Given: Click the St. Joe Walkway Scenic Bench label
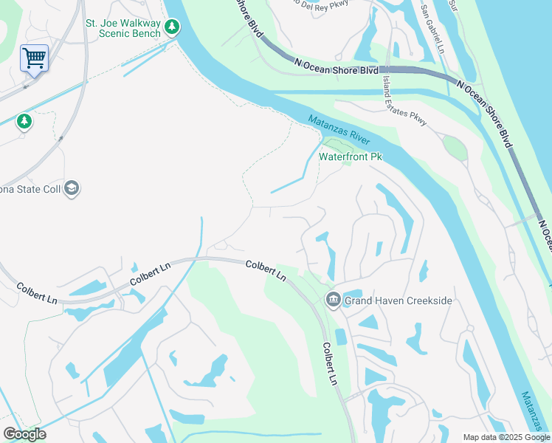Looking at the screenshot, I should pyautogui.click(x=123, y=29).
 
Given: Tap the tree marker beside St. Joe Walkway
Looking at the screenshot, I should pyautogui.click(x=172, y=27).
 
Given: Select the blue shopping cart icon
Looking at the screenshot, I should pyautogui.click(x=34, y=57).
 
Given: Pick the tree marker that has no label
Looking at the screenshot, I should pyautogui.click(x=24, y=120).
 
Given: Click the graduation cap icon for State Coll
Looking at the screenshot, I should pyautogui.click(x=72, y=188).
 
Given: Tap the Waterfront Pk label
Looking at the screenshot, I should pyautogui.click(x=350, y=157).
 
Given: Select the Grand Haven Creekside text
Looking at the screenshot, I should pyautogui.click(x=399, y=301).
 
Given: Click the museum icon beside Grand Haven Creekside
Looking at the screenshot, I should pyautogui.click(x=333, y=299).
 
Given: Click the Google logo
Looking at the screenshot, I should pyautogui.click(x=24, y=434).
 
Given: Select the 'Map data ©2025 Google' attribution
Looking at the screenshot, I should pyautogui.click(x=506, y=437).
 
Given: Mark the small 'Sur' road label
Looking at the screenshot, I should pyautogui.click(x=455, y=7).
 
